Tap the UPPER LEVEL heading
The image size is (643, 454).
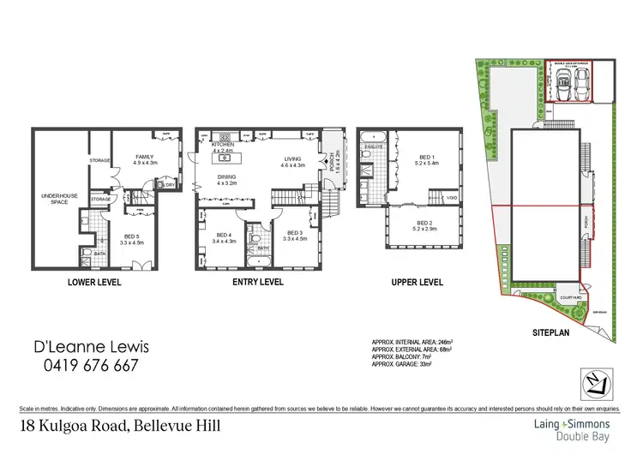(417, 282)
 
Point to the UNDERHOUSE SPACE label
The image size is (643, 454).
(60, 200)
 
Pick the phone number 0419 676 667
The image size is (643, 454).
(84, 366)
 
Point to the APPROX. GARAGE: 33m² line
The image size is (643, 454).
(401, 364)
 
